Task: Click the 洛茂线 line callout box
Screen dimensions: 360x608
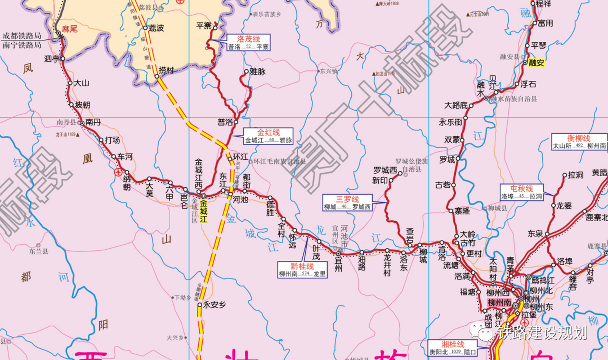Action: coord(249,42)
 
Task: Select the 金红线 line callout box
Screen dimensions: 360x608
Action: coord(268,136)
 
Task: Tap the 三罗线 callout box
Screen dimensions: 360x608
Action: coord(347,203)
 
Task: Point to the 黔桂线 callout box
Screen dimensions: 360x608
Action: coord(302,270)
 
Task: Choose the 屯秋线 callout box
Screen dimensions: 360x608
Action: coord(522,192)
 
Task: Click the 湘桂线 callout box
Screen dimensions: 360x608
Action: coord(452,348)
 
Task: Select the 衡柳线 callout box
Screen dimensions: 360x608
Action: coord(579,142)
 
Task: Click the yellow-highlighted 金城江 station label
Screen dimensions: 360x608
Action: coord(204,211)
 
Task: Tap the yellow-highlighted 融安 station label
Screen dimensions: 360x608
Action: coord(536,63)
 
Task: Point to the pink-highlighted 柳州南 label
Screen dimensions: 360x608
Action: coord(499,303)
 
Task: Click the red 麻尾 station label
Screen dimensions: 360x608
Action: coord(70,29)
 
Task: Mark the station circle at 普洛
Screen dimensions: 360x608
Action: coord(236,122)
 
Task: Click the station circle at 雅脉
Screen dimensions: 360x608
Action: coord(246,71)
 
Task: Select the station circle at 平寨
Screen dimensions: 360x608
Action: coord(215,28)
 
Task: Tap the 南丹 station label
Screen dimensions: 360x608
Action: coord(93,122)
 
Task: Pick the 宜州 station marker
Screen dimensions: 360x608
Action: coord(339,254)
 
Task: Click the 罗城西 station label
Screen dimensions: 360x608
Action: coord(385,170)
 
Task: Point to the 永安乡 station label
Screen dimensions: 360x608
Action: coord(214,305)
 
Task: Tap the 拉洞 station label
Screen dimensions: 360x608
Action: coord(576,175)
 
